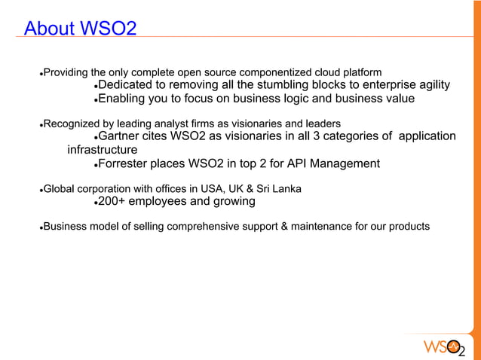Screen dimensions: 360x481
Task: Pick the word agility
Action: [430, 84]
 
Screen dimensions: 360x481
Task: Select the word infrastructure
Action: [103, 150]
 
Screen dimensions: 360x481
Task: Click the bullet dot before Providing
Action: [41, 73]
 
